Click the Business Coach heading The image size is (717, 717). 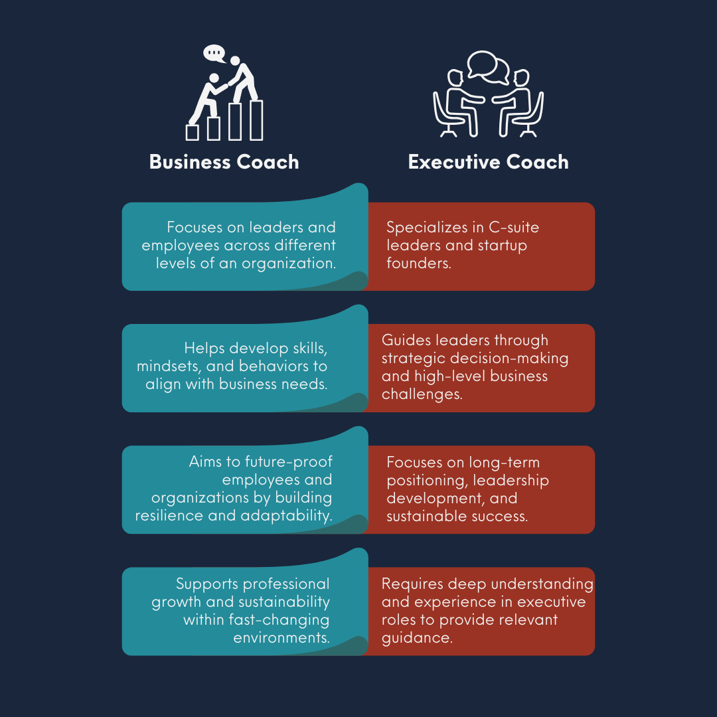coord(224,162)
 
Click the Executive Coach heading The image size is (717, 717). coord(488,162)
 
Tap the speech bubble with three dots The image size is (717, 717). coord(214,52)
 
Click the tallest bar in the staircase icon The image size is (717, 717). coord(256,120)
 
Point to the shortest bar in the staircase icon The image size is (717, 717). coord(193,133)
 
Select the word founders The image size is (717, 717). coord(419,264)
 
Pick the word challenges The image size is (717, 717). coord(422,394)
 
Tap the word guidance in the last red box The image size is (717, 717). coord(416,638)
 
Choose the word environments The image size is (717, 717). coord(281,638)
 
